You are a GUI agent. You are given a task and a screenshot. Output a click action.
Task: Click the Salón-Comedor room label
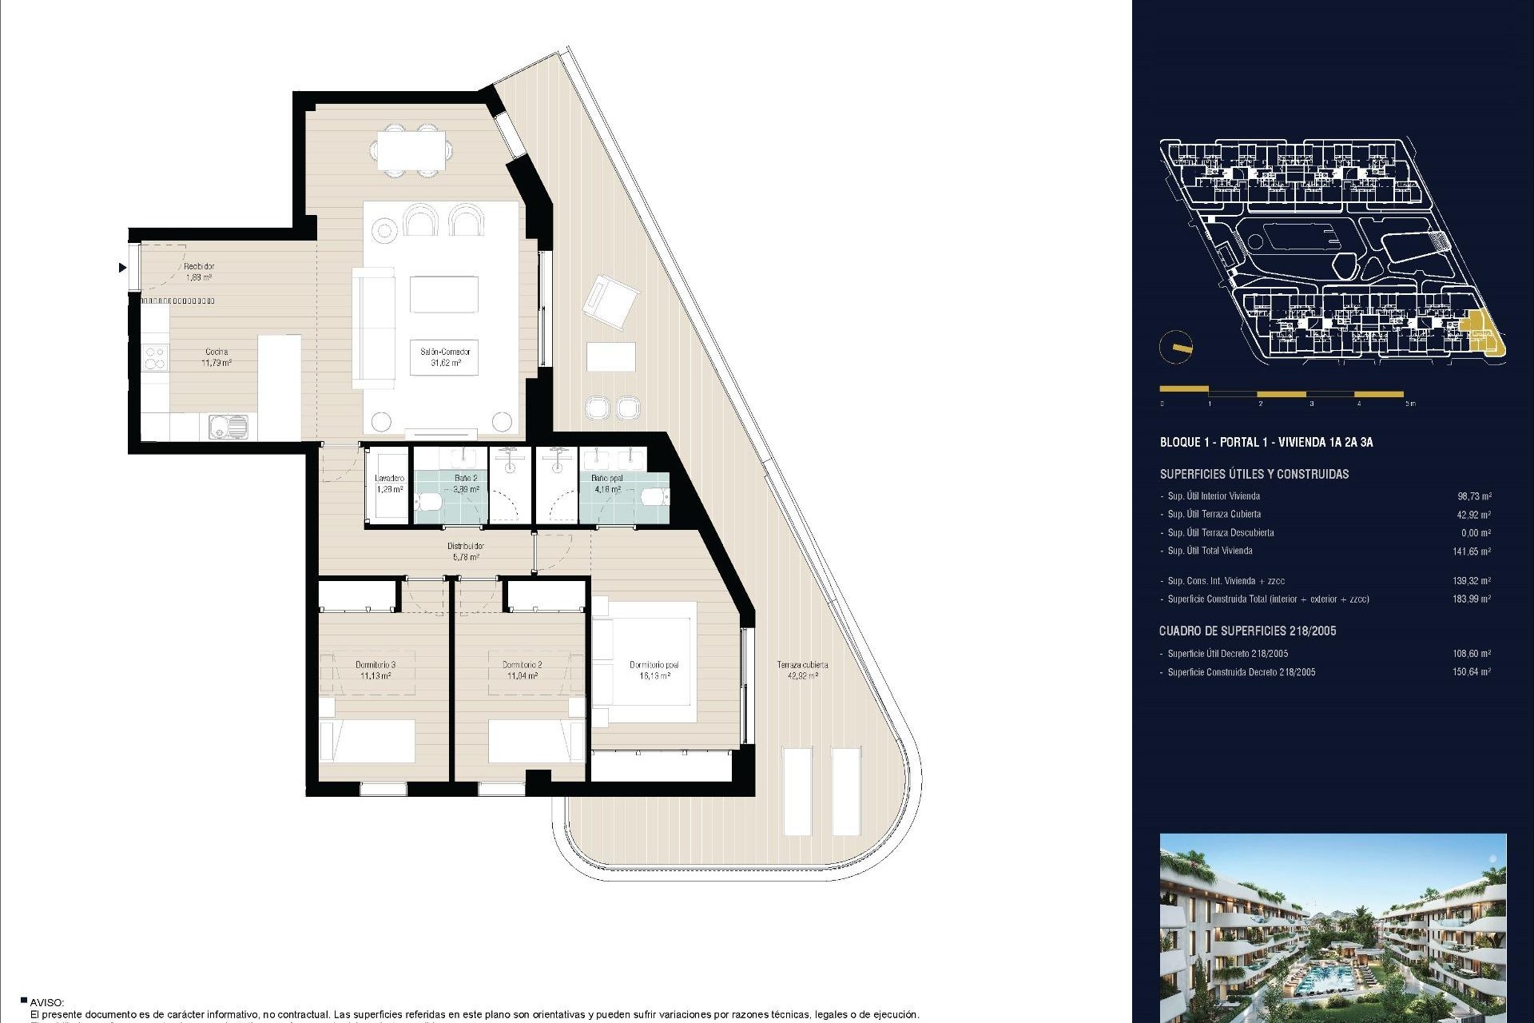[x=445, y=356]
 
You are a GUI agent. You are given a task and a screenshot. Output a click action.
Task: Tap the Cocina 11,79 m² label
[x=216, y=356]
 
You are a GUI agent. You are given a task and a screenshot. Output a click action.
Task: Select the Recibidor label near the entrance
[x=199, y=272]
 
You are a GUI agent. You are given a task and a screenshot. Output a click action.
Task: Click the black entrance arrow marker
[x=122, y=268]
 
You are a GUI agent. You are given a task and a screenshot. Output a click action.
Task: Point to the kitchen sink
[x=228, y=426]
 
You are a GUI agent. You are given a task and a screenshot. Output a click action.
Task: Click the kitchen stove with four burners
[x=156, y=357]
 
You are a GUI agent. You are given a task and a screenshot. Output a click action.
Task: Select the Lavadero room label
[x=389, y=484]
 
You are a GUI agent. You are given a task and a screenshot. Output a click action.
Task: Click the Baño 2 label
[x=466, y=484]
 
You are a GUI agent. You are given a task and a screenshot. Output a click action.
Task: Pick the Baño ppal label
[x=607, y=484]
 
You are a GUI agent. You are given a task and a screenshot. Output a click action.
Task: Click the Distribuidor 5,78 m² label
[x=465, y=551]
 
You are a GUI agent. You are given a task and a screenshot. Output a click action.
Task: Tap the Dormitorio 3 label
[x=375, y=670]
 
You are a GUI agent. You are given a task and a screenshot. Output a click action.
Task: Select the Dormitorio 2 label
[x=523, y=670]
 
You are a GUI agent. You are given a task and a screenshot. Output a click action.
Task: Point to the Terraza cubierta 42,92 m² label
[x=802, y=670]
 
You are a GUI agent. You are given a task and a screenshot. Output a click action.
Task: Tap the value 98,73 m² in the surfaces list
[x=1473, y=496]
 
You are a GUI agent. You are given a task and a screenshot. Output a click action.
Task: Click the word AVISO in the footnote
[x=46, y=1002]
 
